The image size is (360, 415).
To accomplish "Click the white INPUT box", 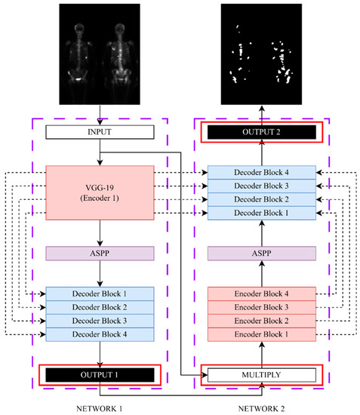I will (100, 133).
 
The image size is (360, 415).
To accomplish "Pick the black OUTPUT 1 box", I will (100, 375).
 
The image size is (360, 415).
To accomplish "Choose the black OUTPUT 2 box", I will (261, 133).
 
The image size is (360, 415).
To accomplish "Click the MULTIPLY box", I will (261, 375).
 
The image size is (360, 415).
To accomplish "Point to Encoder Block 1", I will (261, 332).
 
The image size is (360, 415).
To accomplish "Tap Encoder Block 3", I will (261, 306).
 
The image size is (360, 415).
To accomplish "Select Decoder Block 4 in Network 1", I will (100, 332).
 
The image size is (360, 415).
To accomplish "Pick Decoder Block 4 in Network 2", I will (261, 173).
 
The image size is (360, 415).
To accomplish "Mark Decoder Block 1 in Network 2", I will (261, 214).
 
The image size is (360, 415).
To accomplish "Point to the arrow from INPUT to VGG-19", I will (100, 152).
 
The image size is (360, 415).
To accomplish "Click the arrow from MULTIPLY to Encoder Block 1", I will (261, 353).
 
